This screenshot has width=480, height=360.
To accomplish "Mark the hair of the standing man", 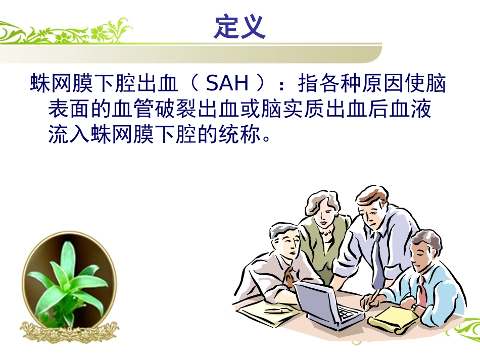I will pyautogui.click(x=371, y=194).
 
